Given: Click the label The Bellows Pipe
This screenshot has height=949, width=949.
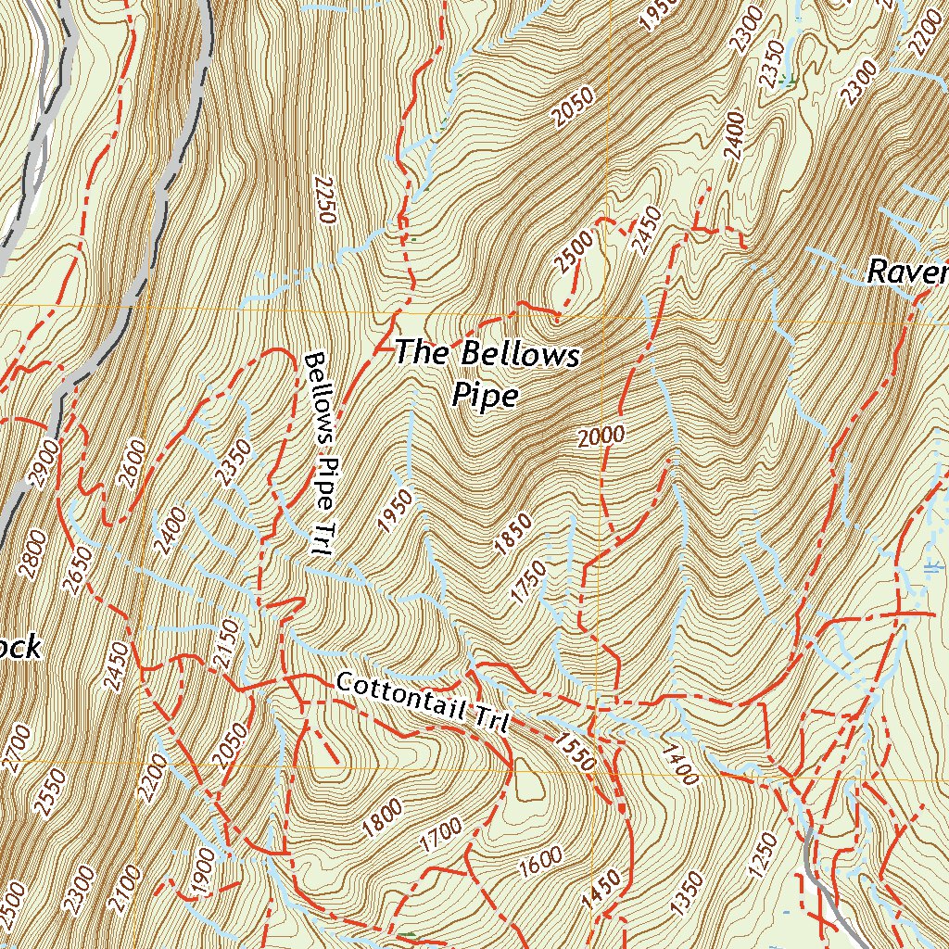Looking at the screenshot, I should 487,373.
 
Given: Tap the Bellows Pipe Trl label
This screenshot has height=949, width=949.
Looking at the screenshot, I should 320,453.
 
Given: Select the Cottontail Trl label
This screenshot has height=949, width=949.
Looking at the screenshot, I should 423,702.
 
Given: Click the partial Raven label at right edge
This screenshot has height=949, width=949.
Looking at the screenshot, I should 906,272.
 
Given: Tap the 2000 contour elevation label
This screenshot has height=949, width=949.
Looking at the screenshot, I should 600,437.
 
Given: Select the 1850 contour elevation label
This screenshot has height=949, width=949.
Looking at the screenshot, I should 512,535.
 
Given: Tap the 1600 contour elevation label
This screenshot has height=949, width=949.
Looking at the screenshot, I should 540,863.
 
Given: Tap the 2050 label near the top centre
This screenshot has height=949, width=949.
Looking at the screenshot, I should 572,106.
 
